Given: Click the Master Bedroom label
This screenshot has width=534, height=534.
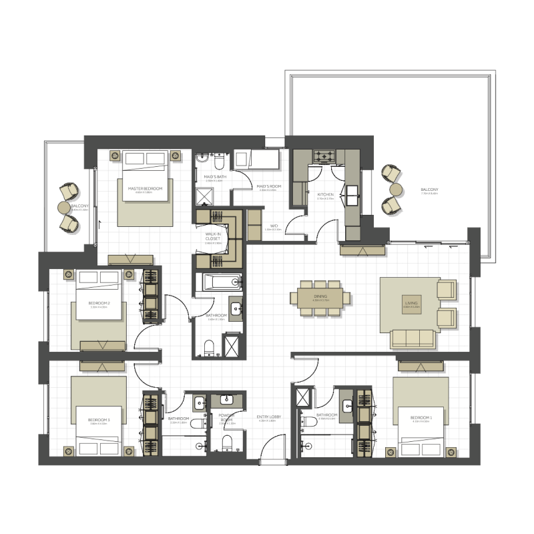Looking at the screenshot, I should tap(145, 189).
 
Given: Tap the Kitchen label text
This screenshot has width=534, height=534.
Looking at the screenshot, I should tap(325, 195).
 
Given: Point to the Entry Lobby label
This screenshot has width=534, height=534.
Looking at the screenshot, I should tap(266, 418).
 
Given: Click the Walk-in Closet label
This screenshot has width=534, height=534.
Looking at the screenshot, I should tap(214, 234).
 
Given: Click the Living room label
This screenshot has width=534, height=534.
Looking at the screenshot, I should tap(411, 304).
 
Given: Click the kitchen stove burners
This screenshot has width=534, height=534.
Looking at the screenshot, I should tap(325, 158).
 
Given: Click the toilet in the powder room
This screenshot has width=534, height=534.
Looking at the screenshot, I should tap(227, 443).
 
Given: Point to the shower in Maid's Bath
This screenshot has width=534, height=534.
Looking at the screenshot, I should tap(202, 196).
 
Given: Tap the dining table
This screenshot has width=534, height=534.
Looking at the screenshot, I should tap(321, 296).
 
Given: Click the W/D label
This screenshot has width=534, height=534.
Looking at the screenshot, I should tap(274, 226).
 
